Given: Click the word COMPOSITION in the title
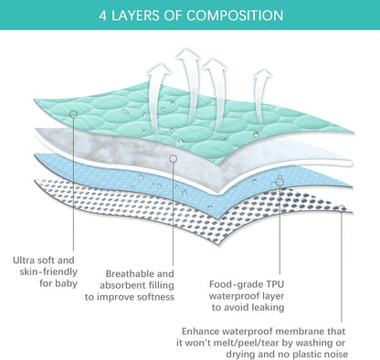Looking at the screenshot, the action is [x=235, y=16].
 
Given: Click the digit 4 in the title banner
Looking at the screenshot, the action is [x=103, y=16].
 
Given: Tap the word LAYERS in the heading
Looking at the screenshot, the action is [x=135, y=16].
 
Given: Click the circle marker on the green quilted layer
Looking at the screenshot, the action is [x=73, y=114].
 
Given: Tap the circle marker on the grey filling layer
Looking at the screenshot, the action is [x=173, y=159].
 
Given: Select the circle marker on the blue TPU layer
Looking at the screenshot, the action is [x=280, y=182].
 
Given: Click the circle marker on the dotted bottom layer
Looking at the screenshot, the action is [x=342, y=208].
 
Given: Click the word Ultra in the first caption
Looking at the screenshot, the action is [x=23, y=260].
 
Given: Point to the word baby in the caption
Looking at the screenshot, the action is [x=66, y=283].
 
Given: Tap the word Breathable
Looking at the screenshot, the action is [x=130, y=273].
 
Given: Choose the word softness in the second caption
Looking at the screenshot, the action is [x=155, y=297].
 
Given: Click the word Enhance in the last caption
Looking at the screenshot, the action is [x=200, y=331].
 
